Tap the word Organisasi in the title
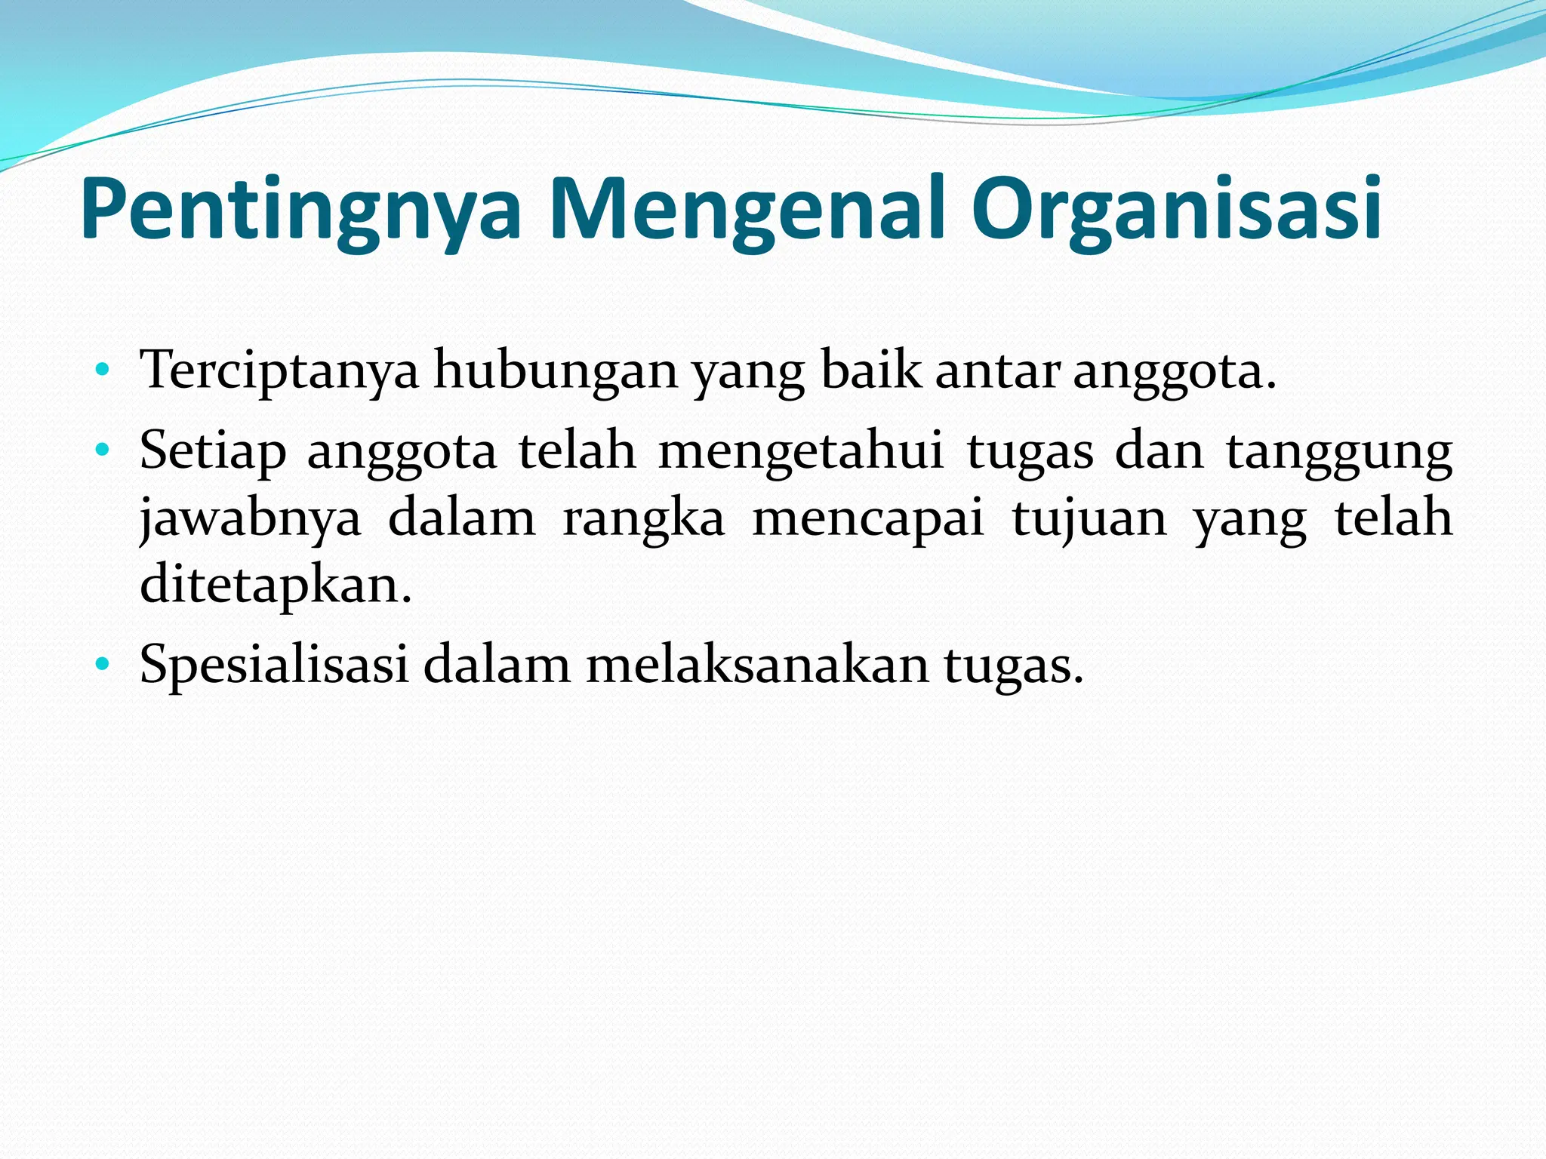1176,208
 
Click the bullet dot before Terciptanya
103,370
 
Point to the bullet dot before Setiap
103,451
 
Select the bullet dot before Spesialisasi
103,665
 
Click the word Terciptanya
279,371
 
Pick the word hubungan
555,371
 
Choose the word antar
997,371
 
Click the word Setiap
213,451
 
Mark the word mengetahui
801,451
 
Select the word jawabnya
251,519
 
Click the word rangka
644,519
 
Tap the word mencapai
869,519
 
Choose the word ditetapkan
276,585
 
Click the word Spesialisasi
273,665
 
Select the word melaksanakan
757,665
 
